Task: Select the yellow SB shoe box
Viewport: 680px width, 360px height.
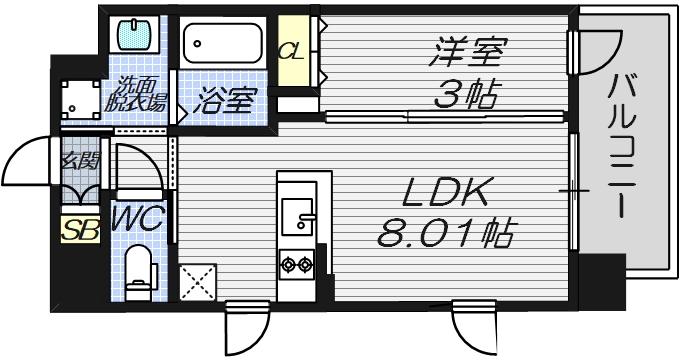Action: (75, 229)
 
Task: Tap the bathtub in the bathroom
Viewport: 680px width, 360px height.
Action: (223, 43)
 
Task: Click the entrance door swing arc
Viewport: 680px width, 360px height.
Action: (28, 160)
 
